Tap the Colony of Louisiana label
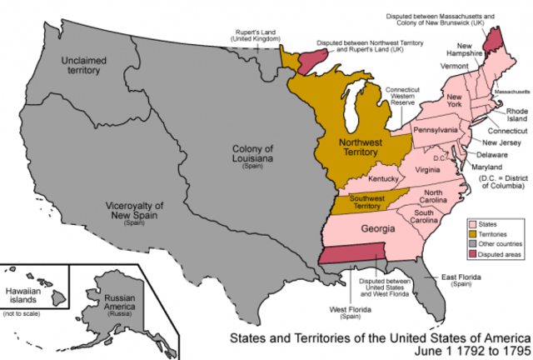tap(251, 155)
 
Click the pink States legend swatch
tap(471, 224)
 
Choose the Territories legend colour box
tap(471, 236)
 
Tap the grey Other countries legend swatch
tap(471, 247)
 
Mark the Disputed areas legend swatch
tap(471, 258)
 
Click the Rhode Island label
tap(511, 115)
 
